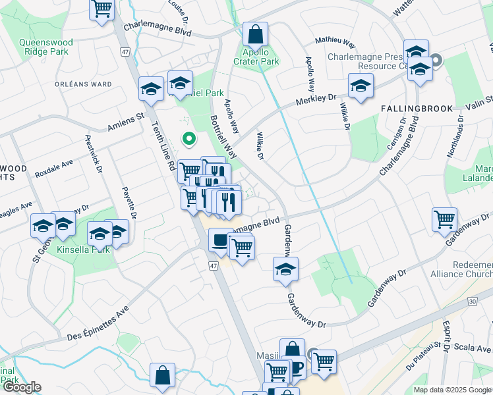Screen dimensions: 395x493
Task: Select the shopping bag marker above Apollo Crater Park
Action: [x=255, y=34]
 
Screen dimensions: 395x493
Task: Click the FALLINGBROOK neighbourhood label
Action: [x=417, y=109]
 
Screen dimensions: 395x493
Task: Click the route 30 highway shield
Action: [x=472, y=302]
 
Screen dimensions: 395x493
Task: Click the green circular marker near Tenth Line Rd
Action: [x=188, y=139]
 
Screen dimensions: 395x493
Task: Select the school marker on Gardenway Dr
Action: [x=285, y=269]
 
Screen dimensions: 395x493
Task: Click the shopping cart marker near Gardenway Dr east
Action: [x=444, y=219]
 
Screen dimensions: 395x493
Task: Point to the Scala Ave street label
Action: [x=475, y=348]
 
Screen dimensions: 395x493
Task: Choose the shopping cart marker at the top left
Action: [x=102, y=9]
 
